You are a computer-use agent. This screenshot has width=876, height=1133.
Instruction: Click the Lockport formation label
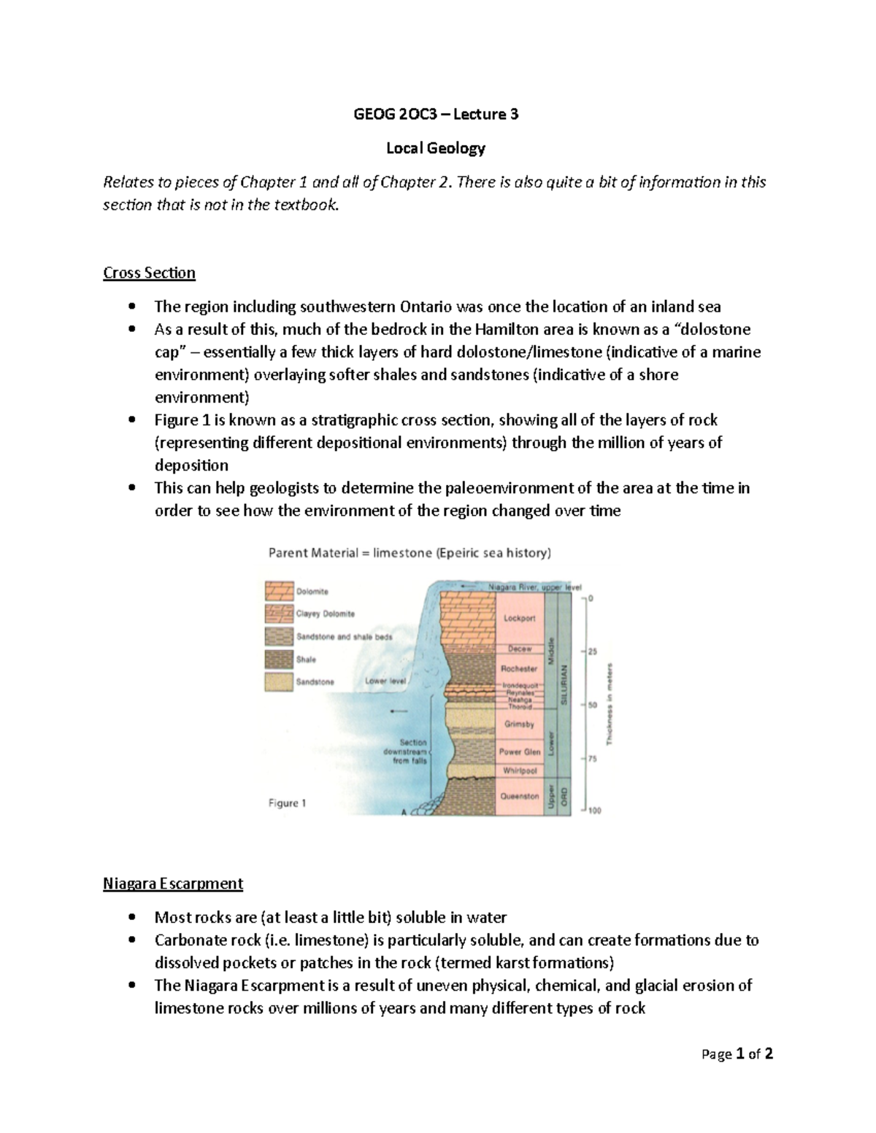click(x=520, y=618)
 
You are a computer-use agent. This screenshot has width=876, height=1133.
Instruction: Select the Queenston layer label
click(x=520, y=796)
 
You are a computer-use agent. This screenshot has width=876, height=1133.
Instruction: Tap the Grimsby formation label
click(x=520, y=724)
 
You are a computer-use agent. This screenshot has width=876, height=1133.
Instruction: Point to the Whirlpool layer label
click(x=520, y=770)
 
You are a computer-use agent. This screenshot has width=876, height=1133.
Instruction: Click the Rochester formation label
click(x=520, y=668)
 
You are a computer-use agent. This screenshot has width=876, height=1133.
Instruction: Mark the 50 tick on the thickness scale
click(x=593, y=705)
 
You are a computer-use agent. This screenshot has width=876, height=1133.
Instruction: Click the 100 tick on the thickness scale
click(x=594, y=811)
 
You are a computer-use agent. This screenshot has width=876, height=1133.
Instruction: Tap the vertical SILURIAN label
click(x=563, y=684)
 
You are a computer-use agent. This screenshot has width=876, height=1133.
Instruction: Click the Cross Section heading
click(x=149, y=273)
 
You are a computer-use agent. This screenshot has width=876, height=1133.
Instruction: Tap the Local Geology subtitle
click(x=436, y=148)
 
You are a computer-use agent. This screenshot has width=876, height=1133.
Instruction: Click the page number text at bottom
click(x=737, y=1053)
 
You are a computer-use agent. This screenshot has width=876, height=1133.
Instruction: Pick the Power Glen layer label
click(x=520, y=751)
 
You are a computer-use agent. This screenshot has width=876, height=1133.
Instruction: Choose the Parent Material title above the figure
click(x=410, y=553)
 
